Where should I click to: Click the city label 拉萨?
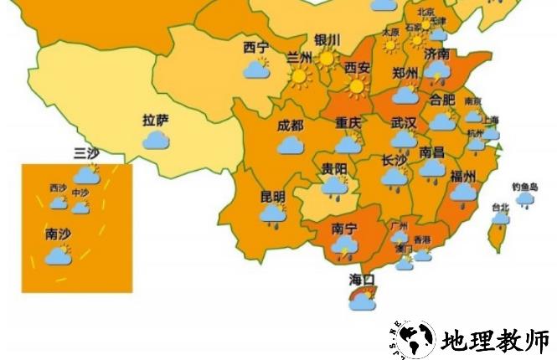[x=156, y=121]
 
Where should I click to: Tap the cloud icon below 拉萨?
[x=156, y=139]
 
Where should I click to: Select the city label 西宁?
[x=256, y=48]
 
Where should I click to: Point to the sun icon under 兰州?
[x=299, y=77]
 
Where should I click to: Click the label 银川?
[x=327, y=39]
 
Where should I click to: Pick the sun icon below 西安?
[x=358, y=85]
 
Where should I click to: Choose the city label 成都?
[x=290, y=126]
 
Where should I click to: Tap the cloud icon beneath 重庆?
[x=348, y=144]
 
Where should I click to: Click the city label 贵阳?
[x=334, y=168]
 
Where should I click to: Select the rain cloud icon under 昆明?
[x=272, y=215]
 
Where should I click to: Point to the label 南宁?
[x=344, y=227]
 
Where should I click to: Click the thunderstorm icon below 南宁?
[x=343, y=246]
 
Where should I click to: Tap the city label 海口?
[x=362, y=279]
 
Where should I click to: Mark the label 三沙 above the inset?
[x=86, y=152]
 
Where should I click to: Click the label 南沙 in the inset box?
[x=57, y=234]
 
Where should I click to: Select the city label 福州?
[x=462, y=176]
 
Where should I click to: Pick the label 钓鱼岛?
[x=524, y=187]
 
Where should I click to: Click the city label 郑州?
[x=405, y=74]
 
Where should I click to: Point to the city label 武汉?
[x=404, y=123]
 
